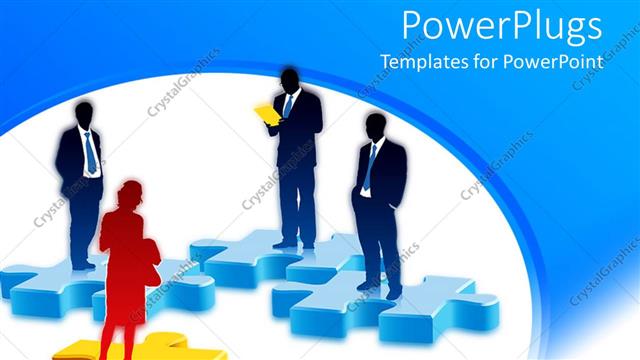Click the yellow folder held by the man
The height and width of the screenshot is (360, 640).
click(x=267, y=114)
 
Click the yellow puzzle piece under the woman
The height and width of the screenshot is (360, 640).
click(x=150, y=348)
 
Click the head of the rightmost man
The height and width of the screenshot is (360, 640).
click(x=375, y=127)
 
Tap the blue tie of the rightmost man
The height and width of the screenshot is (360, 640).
click(x=370, y=167)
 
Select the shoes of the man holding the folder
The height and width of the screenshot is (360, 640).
click(x=293, y=243)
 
